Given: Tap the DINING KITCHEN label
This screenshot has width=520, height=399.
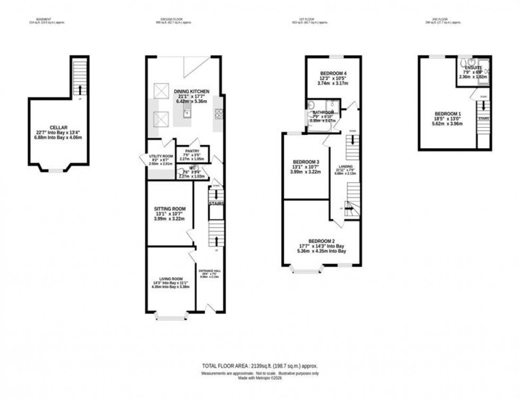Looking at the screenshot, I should [192, 91].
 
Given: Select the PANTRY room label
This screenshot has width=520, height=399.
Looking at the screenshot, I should [192, 151].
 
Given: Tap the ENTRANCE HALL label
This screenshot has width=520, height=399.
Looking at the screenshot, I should [210, 270].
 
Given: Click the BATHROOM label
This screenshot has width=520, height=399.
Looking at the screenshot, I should [323, 113].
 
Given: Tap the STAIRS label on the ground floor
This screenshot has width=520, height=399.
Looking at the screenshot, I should [216, 203].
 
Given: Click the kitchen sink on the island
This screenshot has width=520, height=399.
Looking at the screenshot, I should [187, 112].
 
